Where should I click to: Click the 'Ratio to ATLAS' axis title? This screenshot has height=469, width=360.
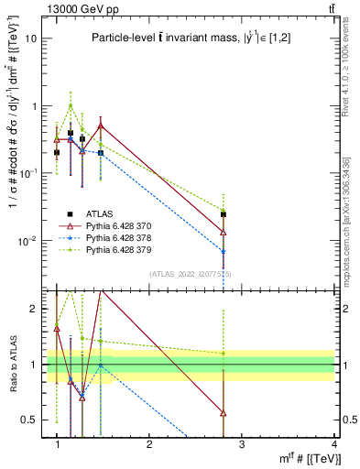coord(12,364)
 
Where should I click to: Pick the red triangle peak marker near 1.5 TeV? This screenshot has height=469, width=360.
coord(100,125)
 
